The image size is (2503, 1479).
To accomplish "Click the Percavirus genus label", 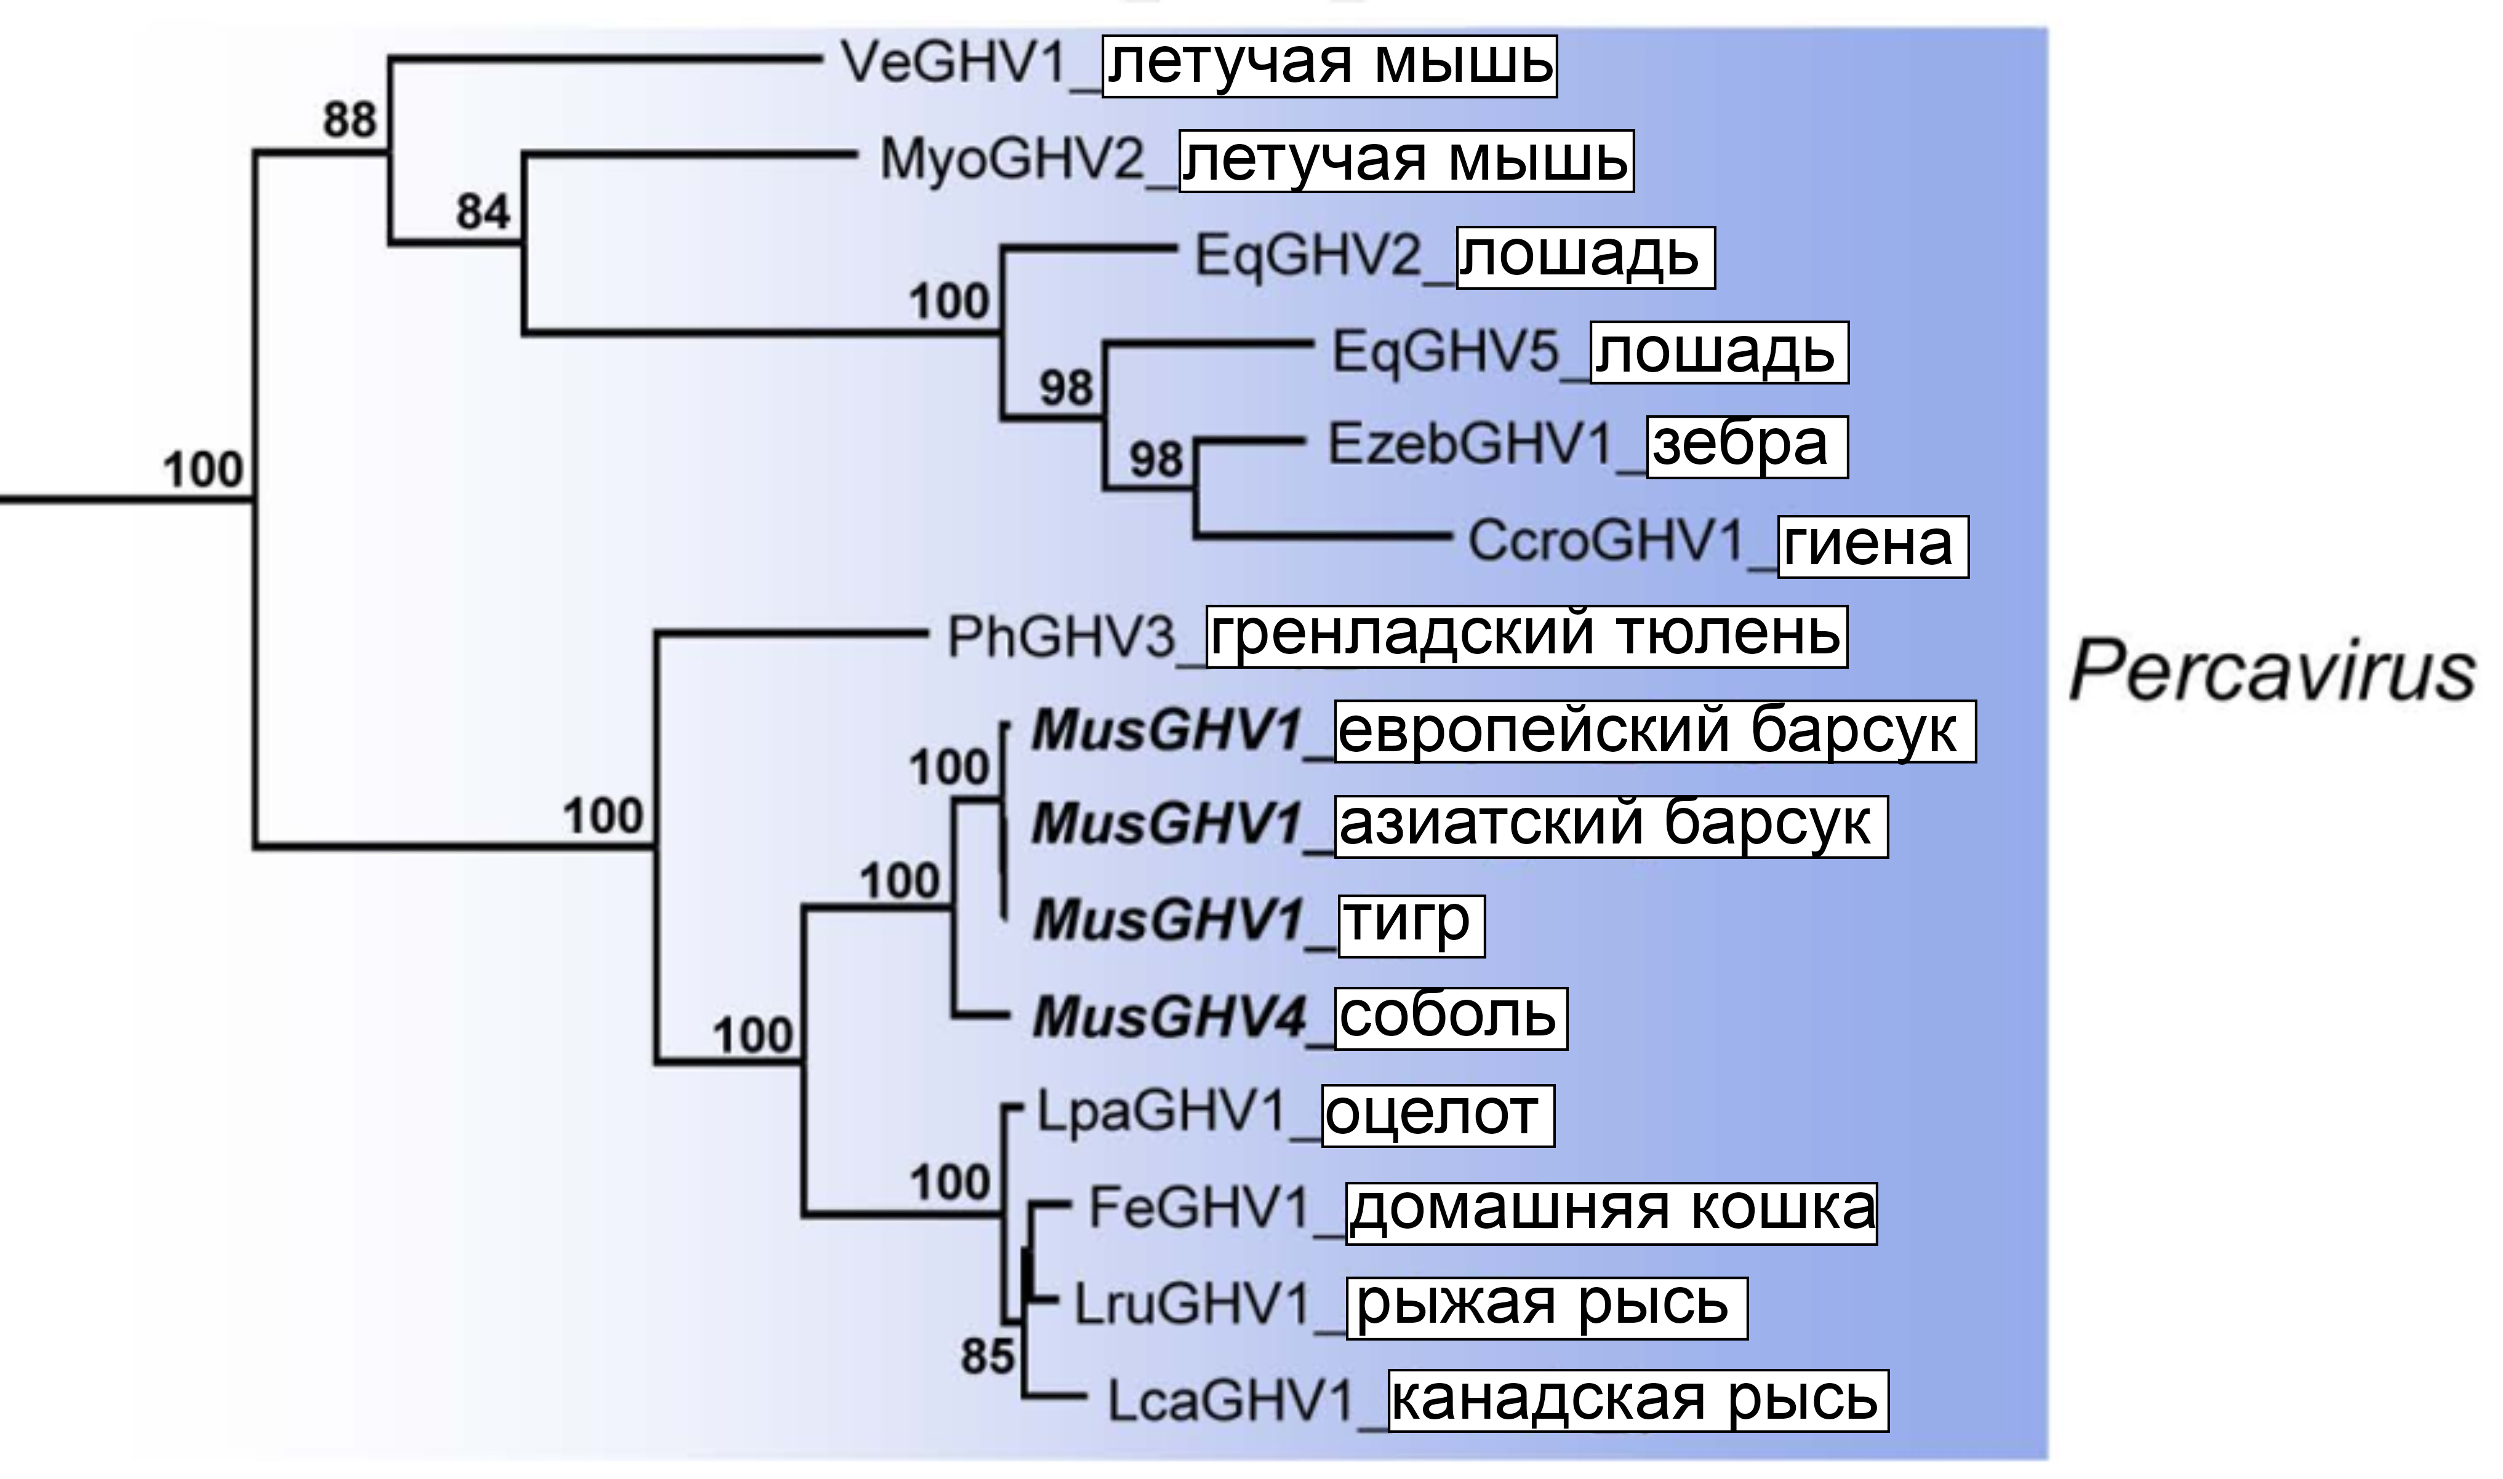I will click(2271, 672).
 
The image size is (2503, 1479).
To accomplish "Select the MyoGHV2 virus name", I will click(1012, 159).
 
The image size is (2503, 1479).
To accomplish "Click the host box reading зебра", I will click(1747, 447).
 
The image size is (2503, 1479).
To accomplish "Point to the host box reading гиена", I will click(1873, 545).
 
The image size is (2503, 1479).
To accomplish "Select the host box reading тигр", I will click(1411, 925).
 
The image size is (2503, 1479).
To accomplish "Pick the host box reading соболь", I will click(1451, 1019).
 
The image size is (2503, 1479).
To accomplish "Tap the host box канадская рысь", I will click(1638, 1400).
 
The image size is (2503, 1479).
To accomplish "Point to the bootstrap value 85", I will click(987, 1355).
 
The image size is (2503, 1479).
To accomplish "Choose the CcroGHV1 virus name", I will click(1606, 542).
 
